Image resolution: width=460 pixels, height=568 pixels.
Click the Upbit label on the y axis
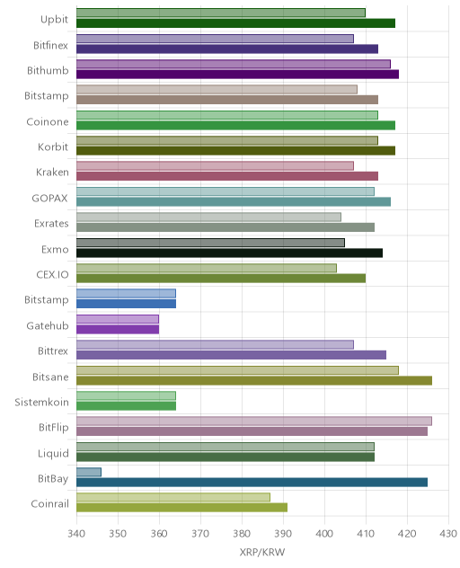[x=54, y=20]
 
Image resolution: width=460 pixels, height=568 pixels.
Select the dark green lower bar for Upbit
[x=235, y=23]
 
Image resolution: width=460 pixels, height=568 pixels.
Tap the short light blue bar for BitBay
[x=89, y=472]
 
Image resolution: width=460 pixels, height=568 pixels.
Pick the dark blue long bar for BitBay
[x=252, y=482]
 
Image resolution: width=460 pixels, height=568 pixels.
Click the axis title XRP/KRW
[x=261, y=552]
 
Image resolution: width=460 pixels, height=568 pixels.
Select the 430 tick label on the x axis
[x=448, y=533]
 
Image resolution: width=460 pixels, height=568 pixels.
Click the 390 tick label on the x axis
[x=283, y=533]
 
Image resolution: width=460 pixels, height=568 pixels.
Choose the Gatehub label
[x=48, y=325]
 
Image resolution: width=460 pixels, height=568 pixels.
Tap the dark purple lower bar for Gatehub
[x=118, y=329]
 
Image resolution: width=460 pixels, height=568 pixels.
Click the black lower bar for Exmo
[x=230, y=253]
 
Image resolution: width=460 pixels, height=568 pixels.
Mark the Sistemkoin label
[x=41, y=402]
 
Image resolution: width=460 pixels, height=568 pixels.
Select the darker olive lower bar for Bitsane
[x=254, y=380]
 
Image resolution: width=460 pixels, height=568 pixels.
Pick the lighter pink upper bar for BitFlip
[x=254, y=421]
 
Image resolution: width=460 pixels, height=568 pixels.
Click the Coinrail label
[x=50, y=504]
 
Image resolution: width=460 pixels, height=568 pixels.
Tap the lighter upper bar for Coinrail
[x=173, y=497]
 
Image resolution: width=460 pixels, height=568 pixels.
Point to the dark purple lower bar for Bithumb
[x=237, y=75]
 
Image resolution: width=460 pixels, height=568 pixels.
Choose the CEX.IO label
[x=52, y=275]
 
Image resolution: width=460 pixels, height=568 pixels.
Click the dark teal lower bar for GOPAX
[x=234, y=202]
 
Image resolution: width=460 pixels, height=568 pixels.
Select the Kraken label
[x=52, y=172]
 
